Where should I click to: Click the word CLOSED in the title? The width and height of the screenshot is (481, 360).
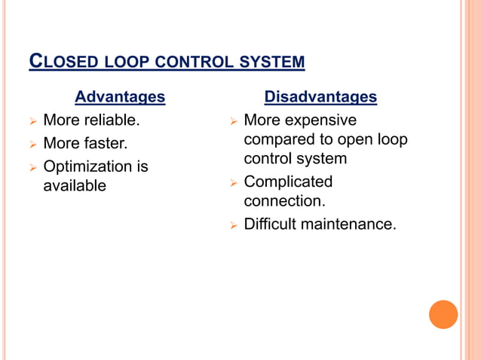(x=57, y=60)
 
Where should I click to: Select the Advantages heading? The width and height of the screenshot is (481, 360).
(x=120, y=97)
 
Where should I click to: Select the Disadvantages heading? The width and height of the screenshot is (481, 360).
(x=320, y=97)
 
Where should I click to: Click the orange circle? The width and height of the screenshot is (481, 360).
(x=443, y=314)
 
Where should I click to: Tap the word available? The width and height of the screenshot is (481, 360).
(x=75, y=185)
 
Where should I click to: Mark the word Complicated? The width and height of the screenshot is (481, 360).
(x=288, y=182)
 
